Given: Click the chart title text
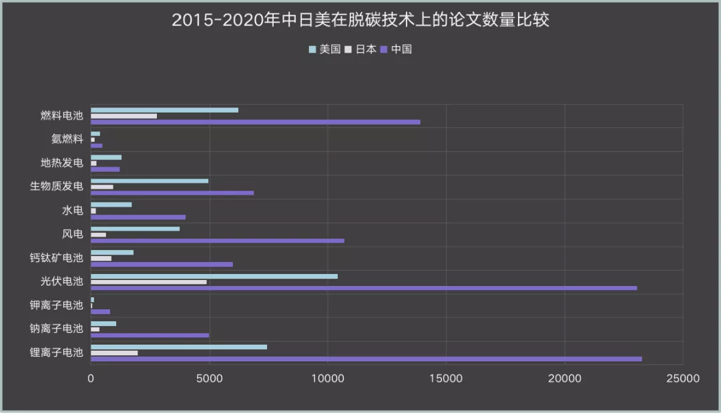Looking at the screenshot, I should pyautogui.click(x=360, y=20).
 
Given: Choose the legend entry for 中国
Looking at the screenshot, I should pyautogui.click(x=397, y=49).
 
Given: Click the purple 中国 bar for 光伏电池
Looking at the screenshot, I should pyautogui.click(x=364, y=288).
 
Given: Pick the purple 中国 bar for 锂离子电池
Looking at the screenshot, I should pyautogui.click(x=366, y=359).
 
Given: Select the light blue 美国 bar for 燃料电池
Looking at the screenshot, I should pyautogui.click(x=164, y=110).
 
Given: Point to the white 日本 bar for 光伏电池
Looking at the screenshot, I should pyautogui.click(x=149, y=282).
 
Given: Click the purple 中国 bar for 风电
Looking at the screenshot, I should pyautogui.click(x=218, y=241).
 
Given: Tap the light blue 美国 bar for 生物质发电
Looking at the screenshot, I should pyautogui.click(x=150, y=181).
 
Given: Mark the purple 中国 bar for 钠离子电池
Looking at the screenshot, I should pyautogui.click(x=150, y=335).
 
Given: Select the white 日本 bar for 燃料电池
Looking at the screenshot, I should pyautogui.click(x=124, y=116).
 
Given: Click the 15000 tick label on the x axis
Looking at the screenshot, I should pyautogui.click(x=446, y=379).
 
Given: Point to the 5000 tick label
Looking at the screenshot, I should pyautogui.click(x=209, y=379).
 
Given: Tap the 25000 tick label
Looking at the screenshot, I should pyautogui.click(x=682, y=379).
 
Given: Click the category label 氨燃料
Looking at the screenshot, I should pyautogui.click(x=67, y=139).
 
